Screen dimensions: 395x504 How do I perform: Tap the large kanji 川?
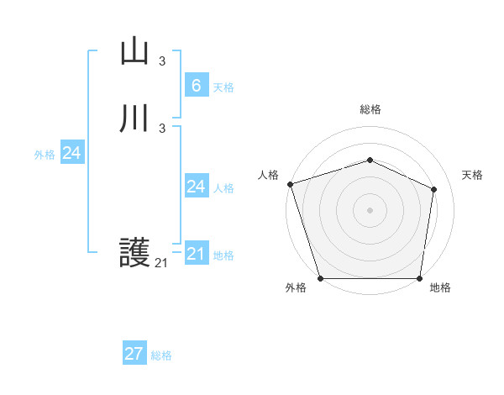coord(135,118)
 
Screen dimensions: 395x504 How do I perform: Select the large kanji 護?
coord(135,252)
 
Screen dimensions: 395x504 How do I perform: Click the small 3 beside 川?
coord(162,128)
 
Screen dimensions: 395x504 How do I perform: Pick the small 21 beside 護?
coord(162,263)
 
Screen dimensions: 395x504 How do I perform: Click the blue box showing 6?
coord(196,85)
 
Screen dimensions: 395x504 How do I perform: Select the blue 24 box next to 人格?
coord(196,186)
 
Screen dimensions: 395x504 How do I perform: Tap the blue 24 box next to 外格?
coord(72,153)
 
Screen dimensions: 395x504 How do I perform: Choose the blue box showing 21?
coord(196,253)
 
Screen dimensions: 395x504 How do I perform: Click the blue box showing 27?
coord(134,354)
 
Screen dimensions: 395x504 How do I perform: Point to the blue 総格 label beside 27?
coord(161,355)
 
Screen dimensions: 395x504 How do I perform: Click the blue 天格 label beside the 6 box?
coord(223,87)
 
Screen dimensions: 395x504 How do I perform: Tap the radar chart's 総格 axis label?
coord(370,109)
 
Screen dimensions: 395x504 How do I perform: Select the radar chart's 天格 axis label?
coord(473,175)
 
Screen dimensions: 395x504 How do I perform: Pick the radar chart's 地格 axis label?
coord(440,287)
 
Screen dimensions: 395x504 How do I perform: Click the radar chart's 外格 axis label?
coord(296,287)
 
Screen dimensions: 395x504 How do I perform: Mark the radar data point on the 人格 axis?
coord(290,184)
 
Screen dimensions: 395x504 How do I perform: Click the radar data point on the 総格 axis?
coord(370,160)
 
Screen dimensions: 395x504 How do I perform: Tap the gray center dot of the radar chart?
coord(370,210)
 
